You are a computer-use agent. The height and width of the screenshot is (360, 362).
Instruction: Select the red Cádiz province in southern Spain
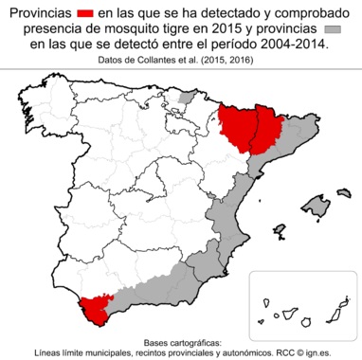[x=95, y=306]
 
